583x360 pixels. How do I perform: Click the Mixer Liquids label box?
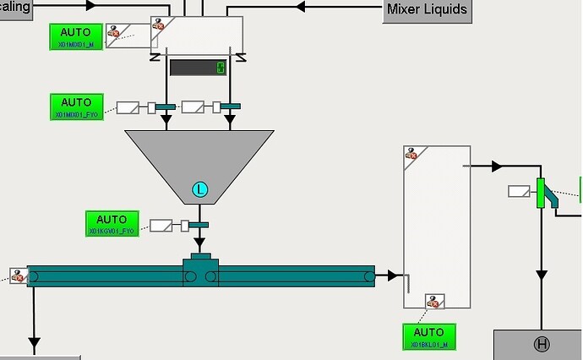[x=427, y=10]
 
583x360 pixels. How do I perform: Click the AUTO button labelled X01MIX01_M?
[x=76, y=36]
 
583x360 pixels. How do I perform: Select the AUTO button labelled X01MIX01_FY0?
[x=76, y=106]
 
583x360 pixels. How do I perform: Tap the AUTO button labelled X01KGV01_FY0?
[x=112, y=224]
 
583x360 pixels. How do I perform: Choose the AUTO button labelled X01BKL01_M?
[x=429, y=336]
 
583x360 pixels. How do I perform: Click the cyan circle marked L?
[x=200, y=189]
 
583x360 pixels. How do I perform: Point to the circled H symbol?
[x=542, y=344]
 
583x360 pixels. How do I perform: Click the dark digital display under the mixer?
[x=198, y=67]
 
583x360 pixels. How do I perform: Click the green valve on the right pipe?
[x=541, y=192]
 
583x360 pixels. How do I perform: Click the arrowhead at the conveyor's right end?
[x=393, y=275]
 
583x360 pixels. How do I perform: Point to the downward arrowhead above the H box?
[x=541, y=276]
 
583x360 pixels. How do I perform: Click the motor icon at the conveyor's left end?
[x=17, y=275]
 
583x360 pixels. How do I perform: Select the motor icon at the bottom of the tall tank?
[x=435, y=302]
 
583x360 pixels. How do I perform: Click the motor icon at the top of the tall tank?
[x=411, y=153]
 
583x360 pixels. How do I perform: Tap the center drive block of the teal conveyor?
[x=200, y=271]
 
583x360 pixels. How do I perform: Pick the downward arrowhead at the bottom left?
[x=34, y=342]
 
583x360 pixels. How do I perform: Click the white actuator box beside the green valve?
[x=519, y=191]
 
